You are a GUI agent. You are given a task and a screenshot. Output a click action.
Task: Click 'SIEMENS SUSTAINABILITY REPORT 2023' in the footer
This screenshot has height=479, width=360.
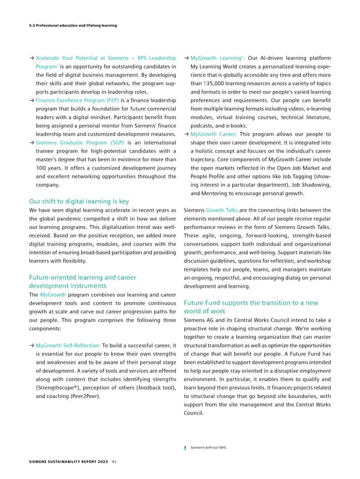(58, 462)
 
